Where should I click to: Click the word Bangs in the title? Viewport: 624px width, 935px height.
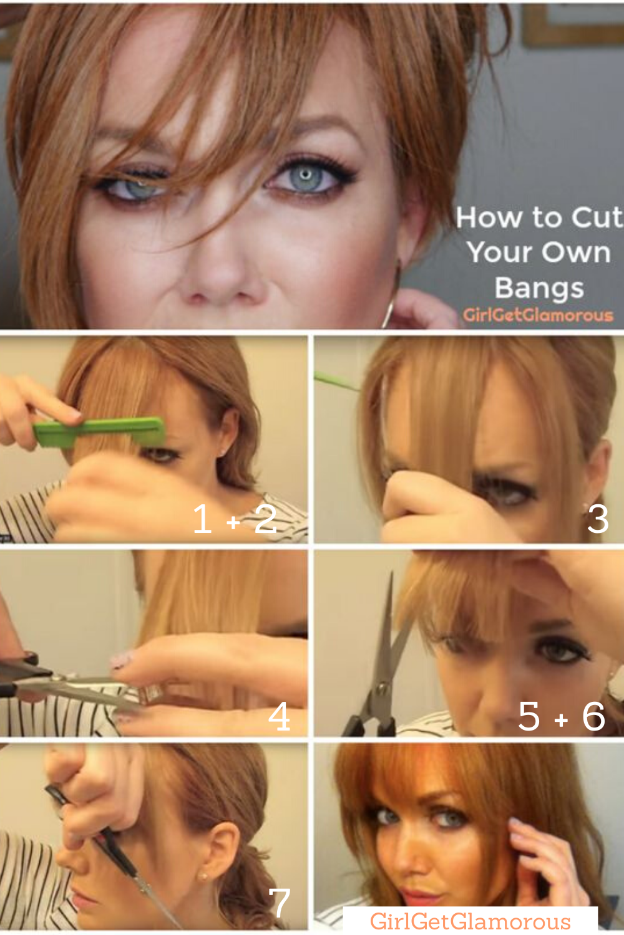coord(539,289)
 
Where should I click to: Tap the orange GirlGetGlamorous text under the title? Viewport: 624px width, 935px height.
coord(538,315)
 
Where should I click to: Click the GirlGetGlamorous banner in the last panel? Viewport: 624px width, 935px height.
coord(470,921)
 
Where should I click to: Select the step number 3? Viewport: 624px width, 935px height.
coord(598,519)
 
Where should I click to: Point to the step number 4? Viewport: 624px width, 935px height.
coord(279,716)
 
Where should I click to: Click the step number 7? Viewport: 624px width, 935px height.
coord(279,902)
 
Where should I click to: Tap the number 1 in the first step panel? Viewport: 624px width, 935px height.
coord(203,518)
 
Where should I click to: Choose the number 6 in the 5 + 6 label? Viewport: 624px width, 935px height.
coord(593,716)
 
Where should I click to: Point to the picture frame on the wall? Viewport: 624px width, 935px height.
coord(573,24)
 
